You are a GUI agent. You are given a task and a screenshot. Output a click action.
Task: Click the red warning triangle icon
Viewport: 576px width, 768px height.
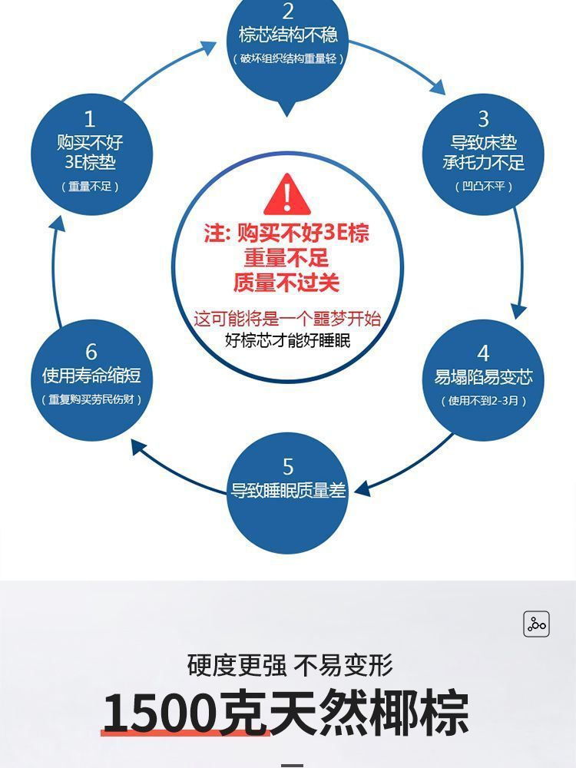pos(286,194)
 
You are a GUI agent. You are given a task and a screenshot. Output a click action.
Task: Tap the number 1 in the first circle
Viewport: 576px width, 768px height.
pos(90,119)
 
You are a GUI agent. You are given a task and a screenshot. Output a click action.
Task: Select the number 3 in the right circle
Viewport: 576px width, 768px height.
pos(483,119)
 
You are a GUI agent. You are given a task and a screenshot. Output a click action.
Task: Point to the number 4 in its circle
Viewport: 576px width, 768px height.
pos(483,353)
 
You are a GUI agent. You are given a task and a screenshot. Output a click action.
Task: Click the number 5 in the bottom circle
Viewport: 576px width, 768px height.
pos(288,466)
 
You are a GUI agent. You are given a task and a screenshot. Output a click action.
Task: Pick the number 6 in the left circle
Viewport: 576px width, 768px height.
pos(91,352)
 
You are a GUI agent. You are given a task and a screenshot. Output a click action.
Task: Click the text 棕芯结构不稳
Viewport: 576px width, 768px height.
pos(288,35)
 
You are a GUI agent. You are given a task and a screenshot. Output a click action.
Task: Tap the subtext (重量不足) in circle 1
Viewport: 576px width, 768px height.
pos(91,187)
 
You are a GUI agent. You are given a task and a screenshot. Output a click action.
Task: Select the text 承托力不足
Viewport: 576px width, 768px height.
pos(483,163)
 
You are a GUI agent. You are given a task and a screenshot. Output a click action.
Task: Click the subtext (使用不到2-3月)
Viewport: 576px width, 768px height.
pos(484,401)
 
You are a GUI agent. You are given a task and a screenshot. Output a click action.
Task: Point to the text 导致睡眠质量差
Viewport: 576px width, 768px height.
pos(288,491)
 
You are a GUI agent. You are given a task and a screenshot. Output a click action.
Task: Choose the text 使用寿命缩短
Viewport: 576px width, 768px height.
pos(91,376)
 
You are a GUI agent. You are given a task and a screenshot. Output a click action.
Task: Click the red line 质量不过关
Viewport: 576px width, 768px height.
pos(286,283)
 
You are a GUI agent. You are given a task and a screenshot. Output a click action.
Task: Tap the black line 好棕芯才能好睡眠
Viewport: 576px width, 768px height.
pos(287,339)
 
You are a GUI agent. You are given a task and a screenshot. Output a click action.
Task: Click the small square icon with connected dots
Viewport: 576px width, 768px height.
pos(536,624)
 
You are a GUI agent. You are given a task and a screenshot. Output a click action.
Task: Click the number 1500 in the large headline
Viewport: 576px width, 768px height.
pos(158,713)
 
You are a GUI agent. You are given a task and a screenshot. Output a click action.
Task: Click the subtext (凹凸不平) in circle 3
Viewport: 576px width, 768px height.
pos(484,186)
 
